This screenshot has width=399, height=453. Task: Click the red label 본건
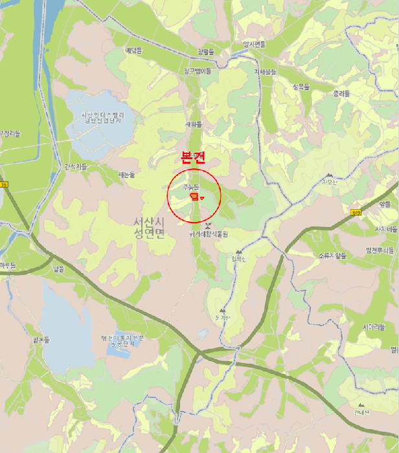(194, 158)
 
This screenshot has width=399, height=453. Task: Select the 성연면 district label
(150, 234)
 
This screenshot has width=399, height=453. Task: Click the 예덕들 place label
(134, 50)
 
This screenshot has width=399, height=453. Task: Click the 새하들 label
(194, 124)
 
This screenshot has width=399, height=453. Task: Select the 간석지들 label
(76, 166)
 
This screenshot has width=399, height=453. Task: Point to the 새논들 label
(127, 175)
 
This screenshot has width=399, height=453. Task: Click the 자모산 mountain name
(330, 182)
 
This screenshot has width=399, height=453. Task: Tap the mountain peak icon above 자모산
(330, 175)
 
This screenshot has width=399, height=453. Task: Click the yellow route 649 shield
(356, 212)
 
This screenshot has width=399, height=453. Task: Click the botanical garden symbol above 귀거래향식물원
(207, 226)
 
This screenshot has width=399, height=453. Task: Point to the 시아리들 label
(374, 327)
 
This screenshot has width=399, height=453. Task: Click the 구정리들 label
(10, 134)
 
